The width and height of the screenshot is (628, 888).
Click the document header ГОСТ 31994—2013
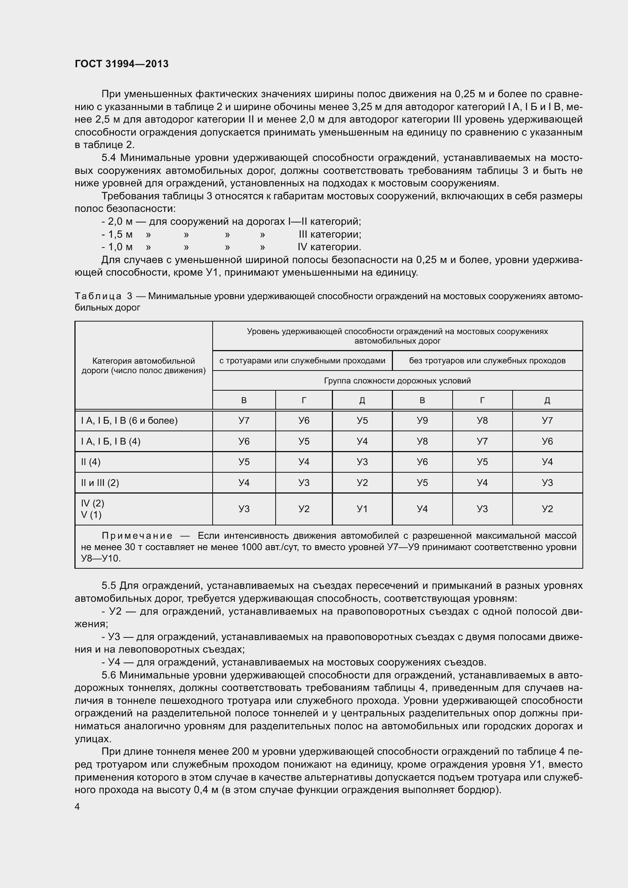click(x=121, y=64)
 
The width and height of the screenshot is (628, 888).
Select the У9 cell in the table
click(x=422, y=420)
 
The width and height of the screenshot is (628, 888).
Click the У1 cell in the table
click(x=362, y=509)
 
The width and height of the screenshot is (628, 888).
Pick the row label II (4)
click(x=91, y=462)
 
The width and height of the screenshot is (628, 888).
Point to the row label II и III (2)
click(x=100, y=483)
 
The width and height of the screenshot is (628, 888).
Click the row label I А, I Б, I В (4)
click(x=110, y=441)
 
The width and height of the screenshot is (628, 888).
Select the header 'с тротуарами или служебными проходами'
click(x=302, y=360)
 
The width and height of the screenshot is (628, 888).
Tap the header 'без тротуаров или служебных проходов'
click(x=487, y=360)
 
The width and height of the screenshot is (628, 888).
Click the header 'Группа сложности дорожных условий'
click(x=397, y=380)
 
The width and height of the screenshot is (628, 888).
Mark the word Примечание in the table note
click(x=137, y=536)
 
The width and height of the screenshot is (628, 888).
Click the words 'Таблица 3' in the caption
click(x=104, y=296)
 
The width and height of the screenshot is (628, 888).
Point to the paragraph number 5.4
click(x=110, y=158)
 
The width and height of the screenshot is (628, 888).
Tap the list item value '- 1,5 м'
click(x=117, y=234)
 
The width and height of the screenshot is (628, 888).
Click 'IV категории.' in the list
click(x=329, y=247)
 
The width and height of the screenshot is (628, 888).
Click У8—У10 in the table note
click(x=101, y=558)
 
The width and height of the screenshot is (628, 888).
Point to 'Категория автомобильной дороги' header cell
click(x=143, y=366)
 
